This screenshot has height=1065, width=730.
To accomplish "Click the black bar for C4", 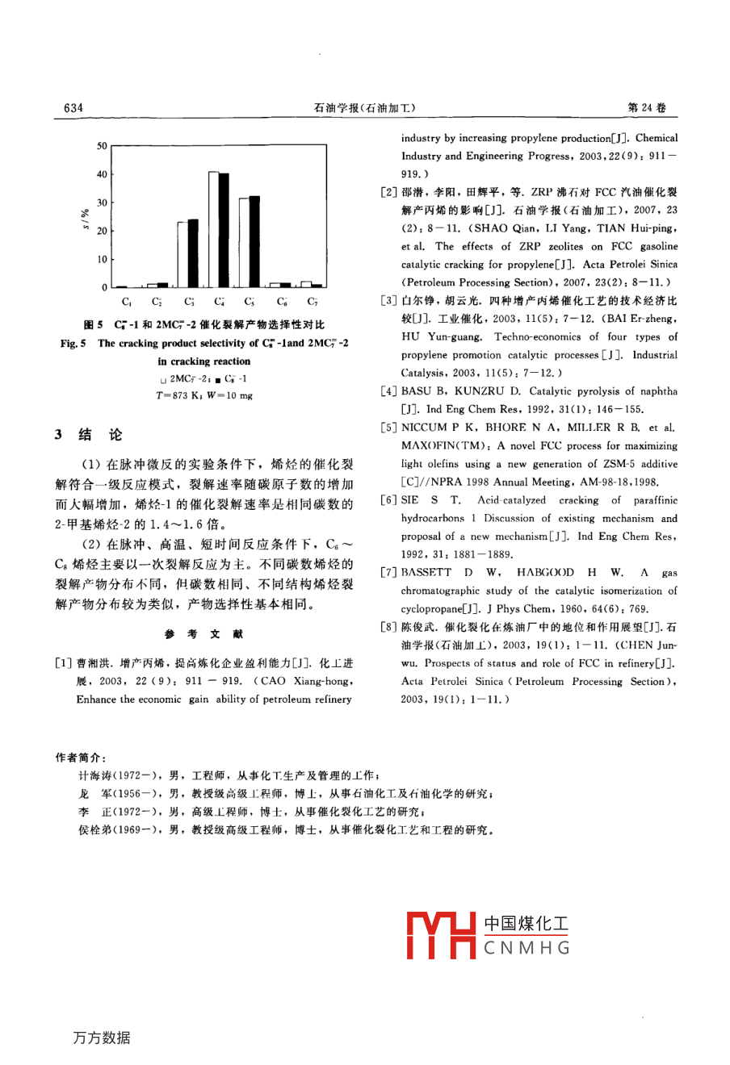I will (x=224, y=230).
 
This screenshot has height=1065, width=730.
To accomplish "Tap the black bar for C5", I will (x=254, y=242).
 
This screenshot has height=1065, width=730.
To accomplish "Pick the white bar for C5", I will (x=245, y=244).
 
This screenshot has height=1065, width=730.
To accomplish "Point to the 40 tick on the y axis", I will (x=102, y=174).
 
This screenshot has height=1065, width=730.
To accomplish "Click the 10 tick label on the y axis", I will (x=102, y=259).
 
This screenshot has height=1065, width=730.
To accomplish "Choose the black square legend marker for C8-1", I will (x=218, y=379).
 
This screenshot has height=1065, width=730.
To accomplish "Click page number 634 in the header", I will (x=73, y=108).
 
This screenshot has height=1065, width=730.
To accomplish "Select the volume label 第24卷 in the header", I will (x=647, y=108).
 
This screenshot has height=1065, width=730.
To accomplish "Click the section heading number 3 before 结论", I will (x=59, y=435).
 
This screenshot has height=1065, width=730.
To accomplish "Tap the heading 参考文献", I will (x=203, y=634).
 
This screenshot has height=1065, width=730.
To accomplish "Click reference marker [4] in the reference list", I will (x=388, y=391).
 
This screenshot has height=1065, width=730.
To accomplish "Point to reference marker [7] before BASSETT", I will (x=388, y=573).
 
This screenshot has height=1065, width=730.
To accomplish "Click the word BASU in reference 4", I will (x=417, y=391).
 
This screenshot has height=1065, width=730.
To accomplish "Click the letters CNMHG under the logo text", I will (x=527, y=948).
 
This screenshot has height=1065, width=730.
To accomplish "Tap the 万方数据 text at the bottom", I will (x=101, y=1038).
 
